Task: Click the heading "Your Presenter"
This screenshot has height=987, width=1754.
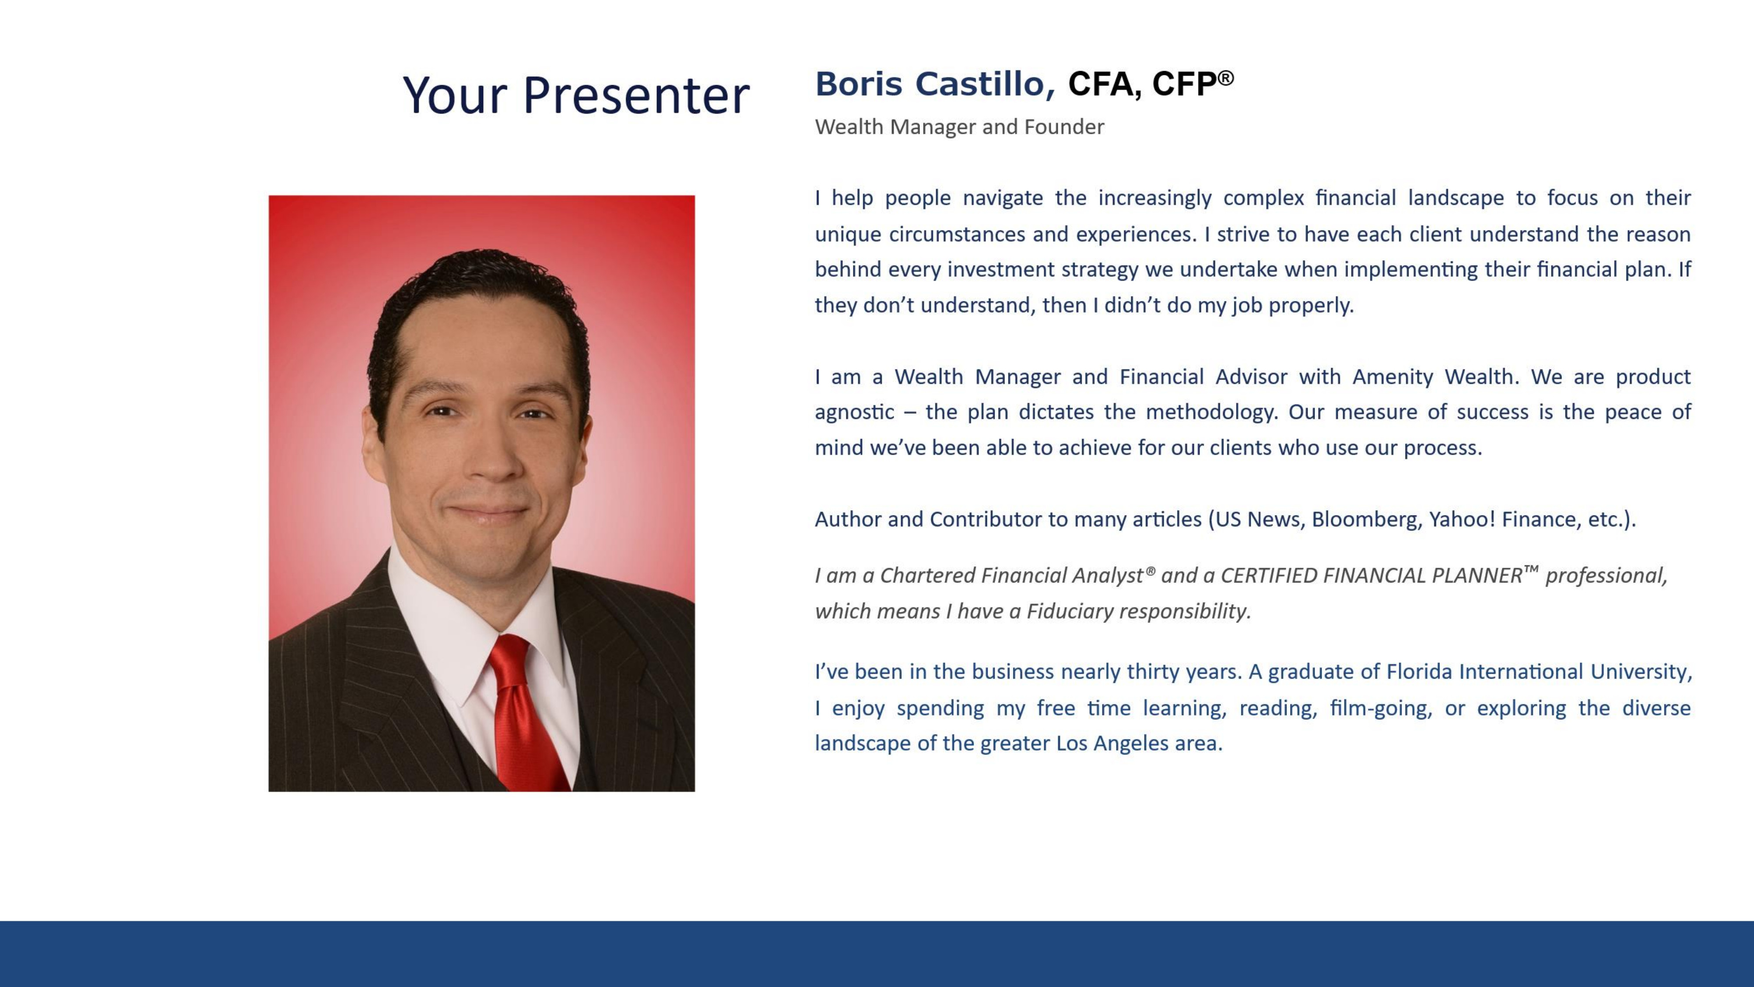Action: tap(576, 95)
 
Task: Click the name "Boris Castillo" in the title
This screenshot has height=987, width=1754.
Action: tap(934, 85)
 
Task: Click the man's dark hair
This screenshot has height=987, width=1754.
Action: tap(477, 293)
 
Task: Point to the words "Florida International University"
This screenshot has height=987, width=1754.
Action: tap(1538, 672)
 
